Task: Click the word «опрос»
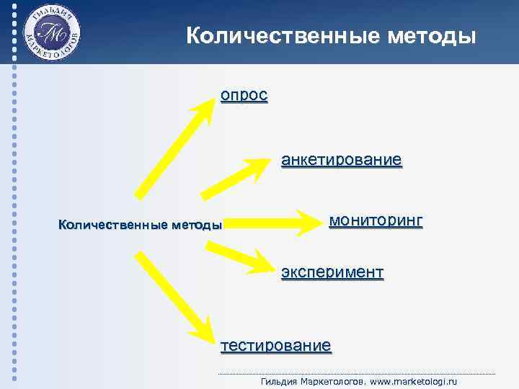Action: [244, 96]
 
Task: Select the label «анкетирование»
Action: [341, 159]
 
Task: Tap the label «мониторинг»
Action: [376, 220]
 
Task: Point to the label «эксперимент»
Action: [332, 272]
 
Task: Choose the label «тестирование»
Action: [276, 345]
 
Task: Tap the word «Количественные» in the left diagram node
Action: [112, 225]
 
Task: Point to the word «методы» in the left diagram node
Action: [196, 225]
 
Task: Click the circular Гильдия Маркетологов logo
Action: [51, 35]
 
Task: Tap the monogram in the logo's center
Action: [51, 35]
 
